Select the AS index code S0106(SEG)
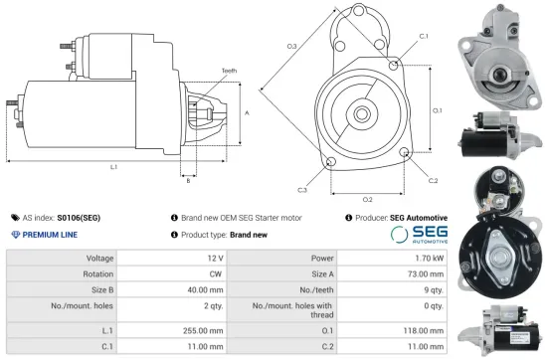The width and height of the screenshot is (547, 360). click(x=79, y=217)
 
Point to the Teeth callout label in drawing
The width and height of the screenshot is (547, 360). click(x=229, y=71)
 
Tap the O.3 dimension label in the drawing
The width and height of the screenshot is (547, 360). click(x=291, y=47)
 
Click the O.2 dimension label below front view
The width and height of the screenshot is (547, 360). click(x=367, y=199)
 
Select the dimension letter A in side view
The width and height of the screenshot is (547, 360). click(x=246, y=113)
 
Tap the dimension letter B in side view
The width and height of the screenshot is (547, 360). click(x=187, y=180)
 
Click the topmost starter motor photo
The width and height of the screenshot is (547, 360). click(x=498, y=52)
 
